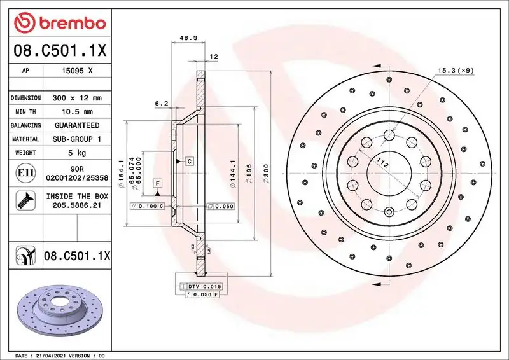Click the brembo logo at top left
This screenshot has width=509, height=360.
click(x=59, y=24)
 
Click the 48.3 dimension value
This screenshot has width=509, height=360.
click(x=187, y=38)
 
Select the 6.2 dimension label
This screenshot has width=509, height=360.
click(x=161, y=103)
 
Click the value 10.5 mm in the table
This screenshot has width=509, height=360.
click(x=77, y=112)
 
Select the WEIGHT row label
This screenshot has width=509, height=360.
click(x=25, y=153)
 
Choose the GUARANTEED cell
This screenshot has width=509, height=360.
click(x=77, y=125)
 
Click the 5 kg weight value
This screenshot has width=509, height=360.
click(x=77, y=153)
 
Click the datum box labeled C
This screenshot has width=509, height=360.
click(x=189, y=162)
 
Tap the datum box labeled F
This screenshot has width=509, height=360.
click(x=157, y=183)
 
